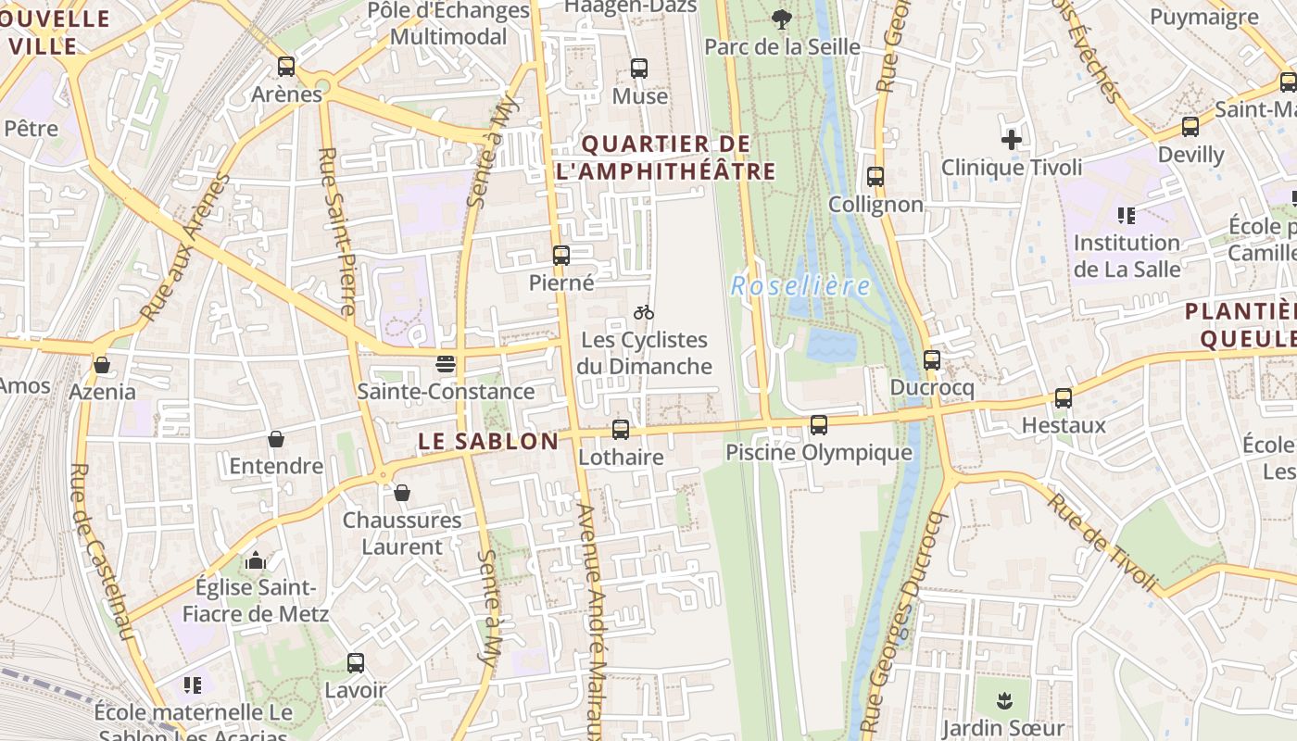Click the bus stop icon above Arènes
coord(286,67)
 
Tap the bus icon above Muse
coord(639,69)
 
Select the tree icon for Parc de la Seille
coord(782,19)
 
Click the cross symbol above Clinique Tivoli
coord(1012,141)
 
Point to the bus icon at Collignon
coord(875,177)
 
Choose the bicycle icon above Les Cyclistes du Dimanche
coord(644,312)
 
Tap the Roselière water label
coord(800,285)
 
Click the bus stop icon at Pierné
coord(561,256)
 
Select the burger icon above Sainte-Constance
coord(446,364)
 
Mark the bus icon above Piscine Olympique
coord(819,425)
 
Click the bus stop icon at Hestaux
coord(1064,398)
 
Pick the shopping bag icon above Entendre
coord(276,439)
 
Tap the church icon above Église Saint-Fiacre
coord(256,560)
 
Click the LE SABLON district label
coord(488,442)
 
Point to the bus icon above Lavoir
coord(356,663)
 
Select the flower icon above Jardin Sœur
coord(1003,699)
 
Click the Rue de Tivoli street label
coord(1102,541)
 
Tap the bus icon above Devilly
coord(1190,127)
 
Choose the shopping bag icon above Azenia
coord(102,365)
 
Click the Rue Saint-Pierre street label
coord(335,232)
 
